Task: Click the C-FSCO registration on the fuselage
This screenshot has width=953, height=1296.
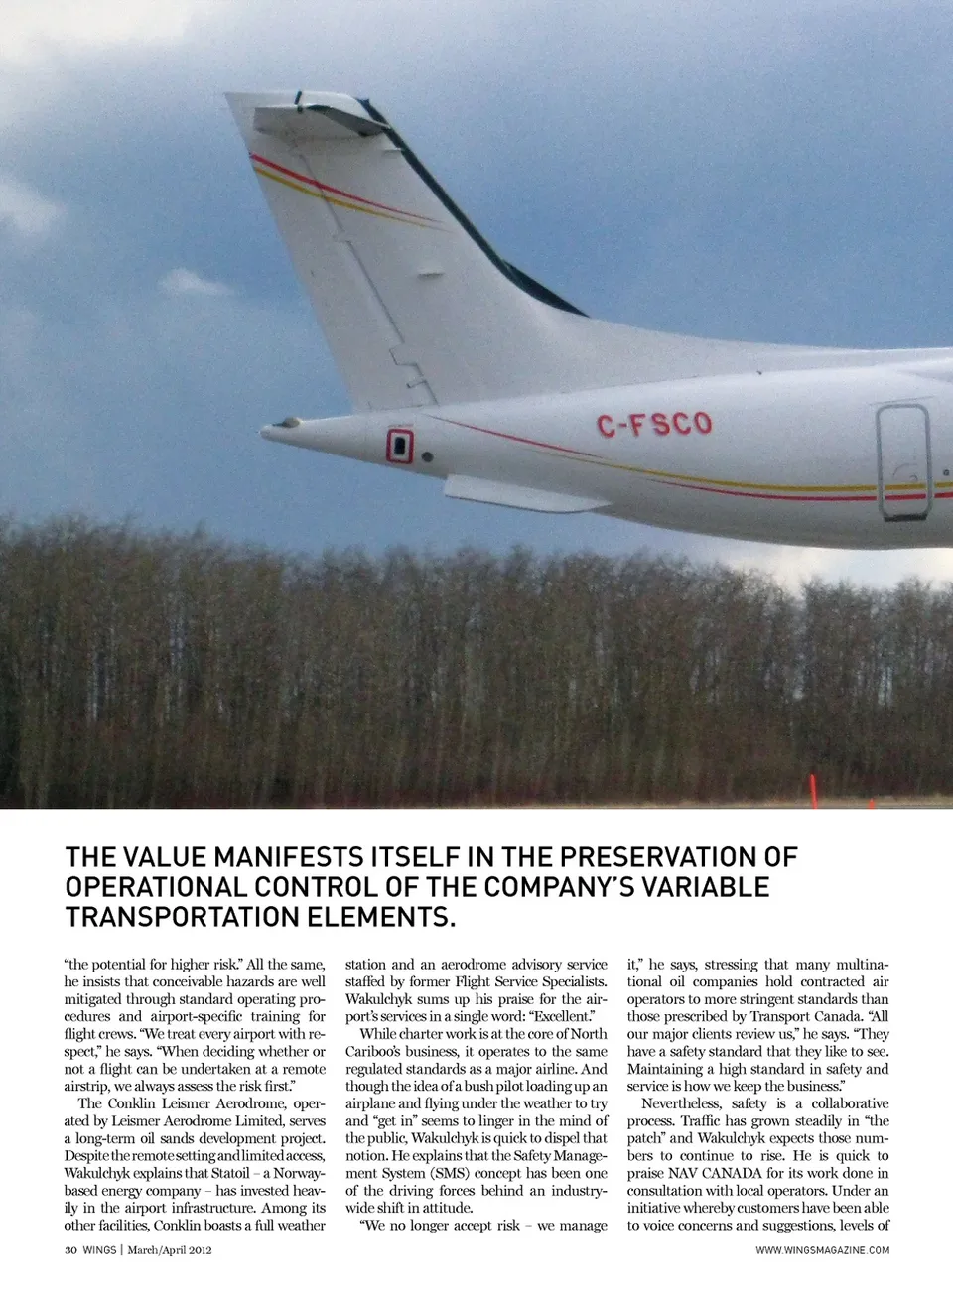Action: [x=654, y=424]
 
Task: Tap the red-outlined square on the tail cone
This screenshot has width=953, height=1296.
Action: [x=399, y=446]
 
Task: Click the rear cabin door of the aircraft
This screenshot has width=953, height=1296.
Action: [x=903, y=461]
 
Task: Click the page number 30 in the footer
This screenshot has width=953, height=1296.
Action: [x=70, y=1250]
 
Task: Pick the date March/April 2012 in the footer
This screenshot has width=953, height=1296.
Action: [x=170, y=1250]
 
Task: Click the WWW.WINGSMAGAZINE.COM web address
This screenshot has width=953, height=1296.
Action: [x=822, y=1250]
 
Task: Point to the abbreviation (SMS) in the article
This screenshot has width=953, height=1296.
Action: [x=450, y=1173]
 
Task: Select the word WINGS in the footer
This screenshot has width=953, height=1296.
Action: [x=99, y=1250]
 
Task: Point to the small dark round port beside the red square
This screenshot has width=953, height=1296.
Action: [x=427, y=457]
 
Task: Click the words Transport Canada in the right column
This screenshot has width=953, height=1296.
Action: [x=808, y=1016]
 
